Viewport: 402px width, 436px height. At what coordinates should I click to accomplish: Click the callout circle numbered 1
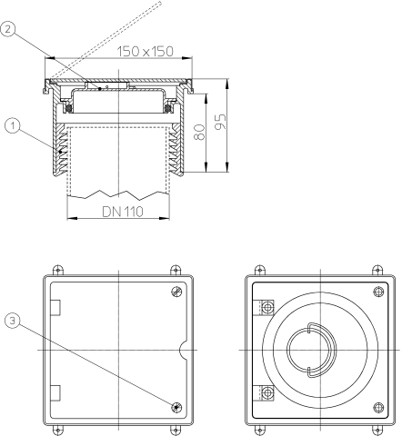[13, 125]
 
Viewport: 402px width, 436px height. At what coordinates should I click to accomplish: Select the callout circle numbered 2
[8, 29]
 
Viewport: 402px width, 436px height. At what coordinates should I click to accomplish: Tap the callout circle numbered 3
[13, 321]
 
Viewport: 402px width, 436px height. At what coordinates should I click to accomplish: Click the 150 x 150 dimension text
[146, 51]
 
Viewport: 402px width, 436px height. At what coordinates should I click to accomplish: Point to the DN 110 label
[123, 212]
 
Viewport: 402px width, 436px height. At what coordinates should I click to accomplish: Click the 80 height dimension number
[200, 132]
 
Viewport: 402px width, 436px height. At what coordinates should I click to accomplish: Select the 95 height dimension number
[221, 122]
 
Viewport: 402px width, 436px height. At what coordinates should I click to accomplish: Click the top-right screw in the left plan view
[176, 292]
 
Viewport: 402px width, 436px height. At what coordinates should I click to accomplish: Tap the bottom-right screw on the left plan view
[176, 407]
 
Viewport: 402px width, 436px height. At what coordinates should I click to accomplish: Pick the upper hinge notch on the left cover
[55, 308]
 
